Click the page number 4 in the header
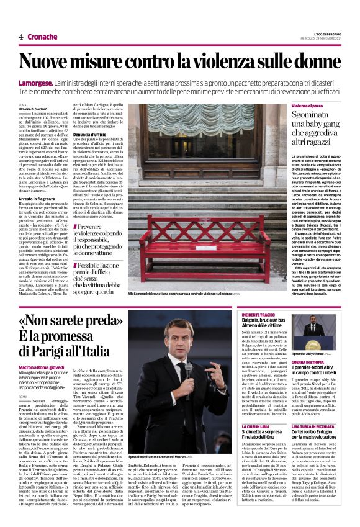[x=20, y=37]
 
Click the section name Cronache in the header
[x=42, y=37]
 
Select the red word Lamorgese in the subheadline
[x=35, y=83]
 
